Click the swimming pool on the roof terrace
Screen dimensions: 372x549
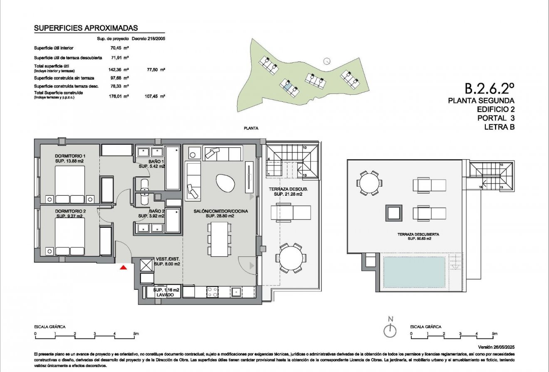[414, 271]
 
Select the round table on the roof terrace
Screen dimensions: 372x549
[369, 182]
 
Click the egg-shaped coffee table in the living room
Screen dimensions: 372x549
[225, 183]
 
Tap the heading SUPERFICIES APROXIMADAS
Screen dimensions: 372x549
[86, 28]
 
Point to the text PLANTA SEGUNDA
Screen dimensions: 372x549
[481, 101]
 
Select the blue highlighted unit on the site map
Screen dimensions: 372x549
[286, 86]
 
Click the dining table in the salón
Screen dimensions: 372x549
[219, 239]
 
